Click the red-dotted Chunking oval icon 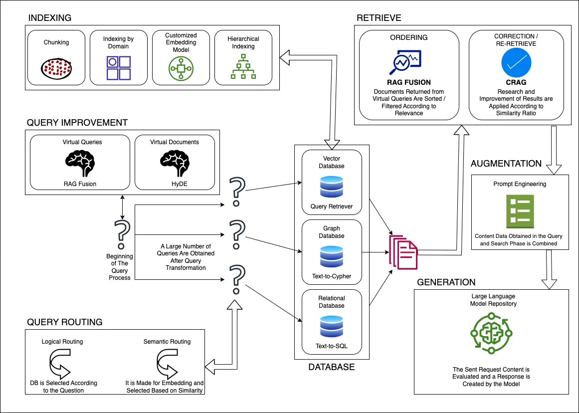coord(56,68)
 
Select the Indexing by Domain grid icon coord(119,68)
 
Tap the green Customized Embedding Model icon coord(181,68)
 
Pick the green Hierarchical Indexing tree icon coord(243,66)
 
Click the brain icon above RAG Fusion coord(80,163)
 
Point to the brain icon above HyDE coord(175,163)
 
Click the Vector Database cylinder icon coord(332,187)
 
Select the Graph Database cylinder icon coord(332,256)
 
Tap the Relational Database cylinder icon coord(332,326)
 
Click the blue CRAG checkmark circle coord(516,63)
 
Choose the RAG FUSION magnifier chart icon coord(405,62)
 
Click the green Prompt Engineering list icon coord(520,211)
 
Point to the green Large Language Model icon coord(491,333)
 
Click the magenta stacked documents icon coord(403,252)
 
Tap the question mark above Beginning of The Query coord(122,234)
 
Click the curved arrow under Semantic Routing coord(167,363)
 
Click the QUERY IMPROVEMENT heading coord(77,123)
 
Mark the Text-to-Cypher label coord(332,276)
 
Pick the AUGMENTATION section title coord(506,164)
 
